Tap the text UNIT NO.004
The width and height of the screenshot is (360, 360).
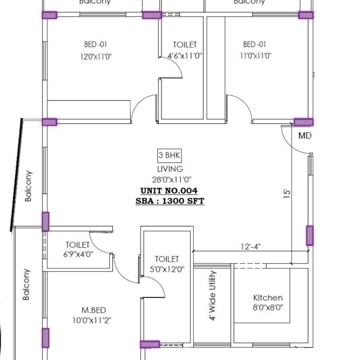point(169,191)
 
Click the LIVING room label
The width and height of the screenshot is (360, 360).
point(170,169)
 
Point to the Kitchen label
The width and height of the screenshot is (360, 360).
point(268,298)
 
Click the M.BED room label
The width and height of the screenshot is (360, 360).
point(94,310)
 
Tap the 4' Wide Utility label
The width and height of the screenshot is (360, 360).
point(213,295)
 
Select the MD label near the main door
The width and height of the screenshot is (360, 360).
point(305,136)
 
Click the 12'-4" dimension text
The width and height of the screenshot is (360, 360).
point(251,247)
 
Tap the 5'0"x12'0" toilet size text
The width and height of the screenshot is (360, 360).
point(167,270)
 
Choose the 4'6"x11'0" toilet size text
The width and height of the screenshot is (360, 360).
point(185,55)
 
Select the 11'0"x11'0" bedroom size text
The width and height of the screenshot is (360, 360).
point(255,55)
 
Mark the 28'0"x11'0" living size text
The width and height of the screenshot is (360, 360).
point(170,180)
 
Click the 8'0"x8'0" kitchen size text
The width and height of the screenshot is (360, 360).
point(268,307)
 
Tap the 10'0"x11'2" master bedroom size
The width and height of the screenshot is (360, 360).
point(94,319)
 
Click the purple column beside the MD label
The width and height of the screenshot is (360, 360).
point(303,122)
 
